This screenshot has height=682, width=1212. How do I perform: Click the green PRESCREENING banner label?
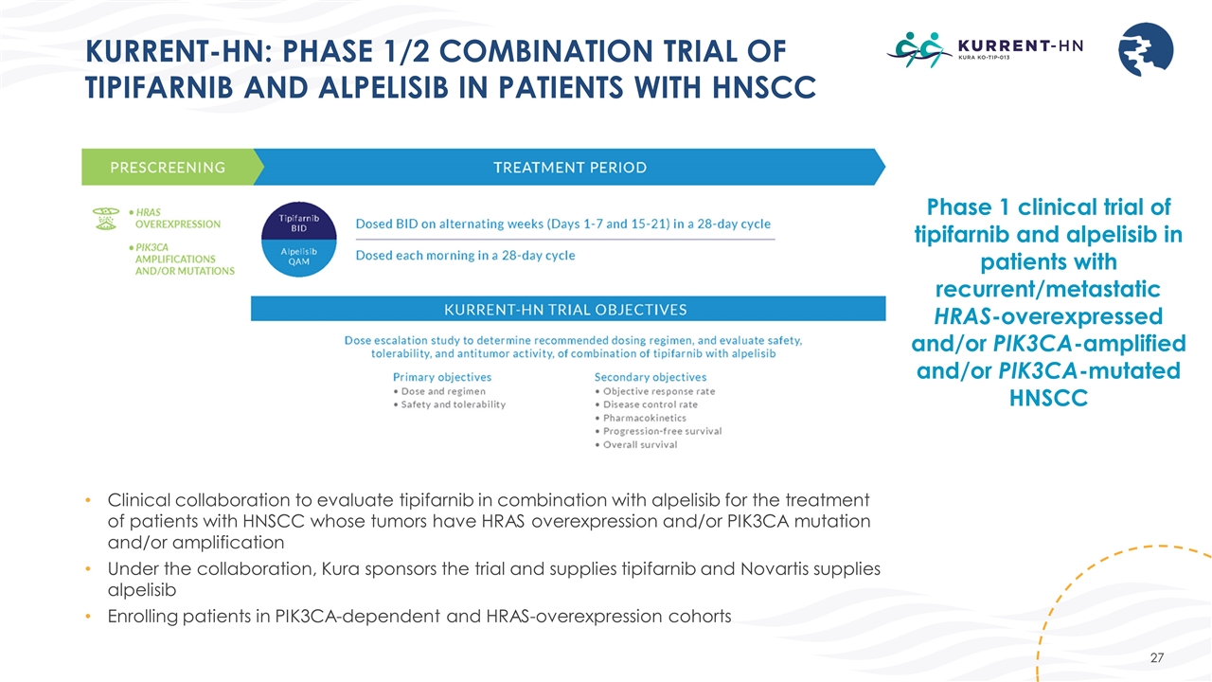[x=168, y=168]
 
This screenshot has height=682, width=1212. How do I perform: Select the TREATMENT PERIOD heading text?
[x=570, y=168]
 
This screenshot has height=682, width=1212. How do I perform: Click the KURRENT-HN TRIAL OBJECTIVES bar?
[x=567, y=309]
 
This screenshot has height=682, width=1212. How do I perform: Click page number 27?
[x=1154, y=657]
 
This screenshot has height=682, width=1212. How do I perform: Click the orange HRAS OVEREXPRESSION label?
[x=177, y=218]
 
